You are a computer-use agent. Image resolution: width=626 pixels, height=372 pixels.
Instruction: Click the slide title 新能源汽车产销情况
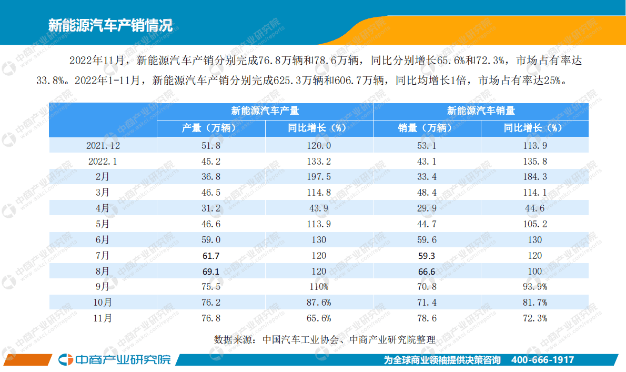(110, 25)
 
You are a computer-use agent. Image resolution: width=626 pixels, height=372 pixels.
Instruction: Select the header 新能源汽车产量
(265, 111)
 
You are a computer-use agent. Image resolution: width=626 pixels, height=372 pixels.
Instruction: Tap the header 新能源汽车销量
(481, 111)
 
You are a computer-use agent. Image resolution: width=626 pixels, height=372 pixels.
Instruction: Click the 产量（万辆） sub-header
(211, 128)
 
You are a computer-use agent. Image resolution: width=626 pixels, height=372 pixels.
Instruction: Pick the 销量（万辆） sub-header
(427, 128)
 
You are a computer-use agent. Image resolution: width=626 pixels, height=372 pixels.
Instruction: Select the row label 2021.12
(103, 145)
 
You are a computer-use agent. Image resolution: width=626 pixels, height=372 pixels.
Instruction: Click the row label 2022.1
(103, 162)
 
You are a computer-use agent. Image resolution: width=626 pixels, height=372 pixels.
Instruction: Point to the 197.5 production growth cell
(319, 177)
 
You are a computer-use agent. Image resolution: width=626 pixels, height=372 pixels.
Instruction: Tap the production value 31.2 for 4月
(210, 208)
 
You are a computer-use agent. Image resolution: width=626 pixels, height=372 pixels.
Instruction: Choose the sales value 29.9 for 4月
(427, 208)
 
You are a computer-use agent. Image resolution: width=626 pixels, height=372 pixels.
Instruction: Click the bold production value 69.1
(210, 272)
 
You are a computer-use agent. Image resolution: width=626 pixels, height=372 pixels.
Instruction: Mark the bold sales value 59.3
(427, 256)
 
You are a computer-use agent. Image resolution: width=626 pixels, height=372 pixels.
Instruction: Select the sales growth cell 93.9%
(534, 287)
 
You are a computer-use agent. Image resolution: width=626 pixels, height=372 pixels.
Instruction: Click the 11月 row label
(103, 318)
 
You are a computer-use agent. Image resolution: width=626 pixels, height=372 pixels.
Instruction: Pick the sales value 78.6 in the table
(427, 318)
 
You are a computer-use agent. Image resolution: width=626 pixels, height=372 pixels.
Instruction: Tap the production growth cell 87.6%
(319, 303)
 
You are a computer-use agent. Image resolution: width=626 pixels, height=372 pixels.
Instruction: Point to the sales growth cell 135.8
(534, 162)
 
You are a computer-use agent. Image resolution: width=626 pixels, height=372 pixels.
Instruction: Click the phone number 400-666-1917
(542, 360)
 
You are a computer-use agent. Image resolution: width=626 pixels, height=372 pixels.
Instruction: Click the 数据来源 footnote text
(325, 339)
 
